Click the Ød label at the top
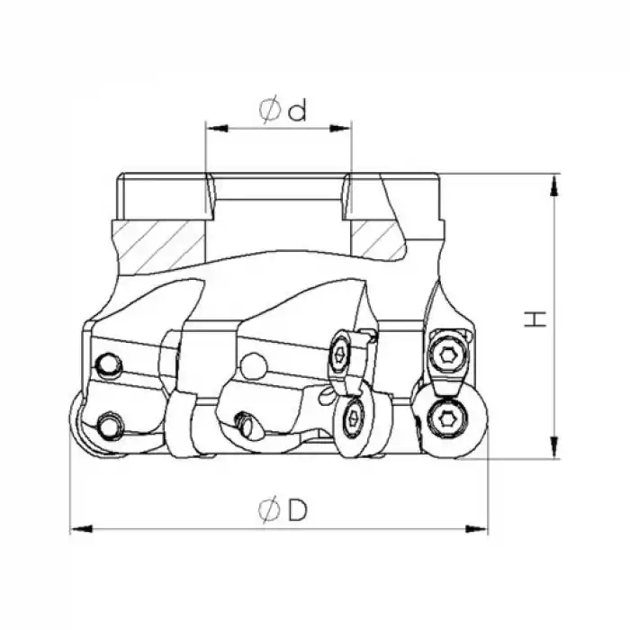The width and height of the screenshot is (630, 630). pyautogui.click(x=283, y=110)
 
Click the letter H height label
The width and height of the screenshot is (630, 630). pyautogui.click(x=536, y=318)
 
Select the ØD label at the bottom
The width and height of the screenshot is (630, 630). pyautogui.click(x=283, y=510)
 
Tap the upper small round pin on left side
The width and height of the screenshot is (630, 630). pyautogui.click(x=108, y=364)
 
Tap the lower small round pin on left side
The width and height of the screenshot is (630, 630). pyautogui.click(x=110, y=423)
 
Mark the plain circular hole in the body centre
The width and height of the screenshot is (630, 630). pyautogui.click(x=255, y=366)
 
